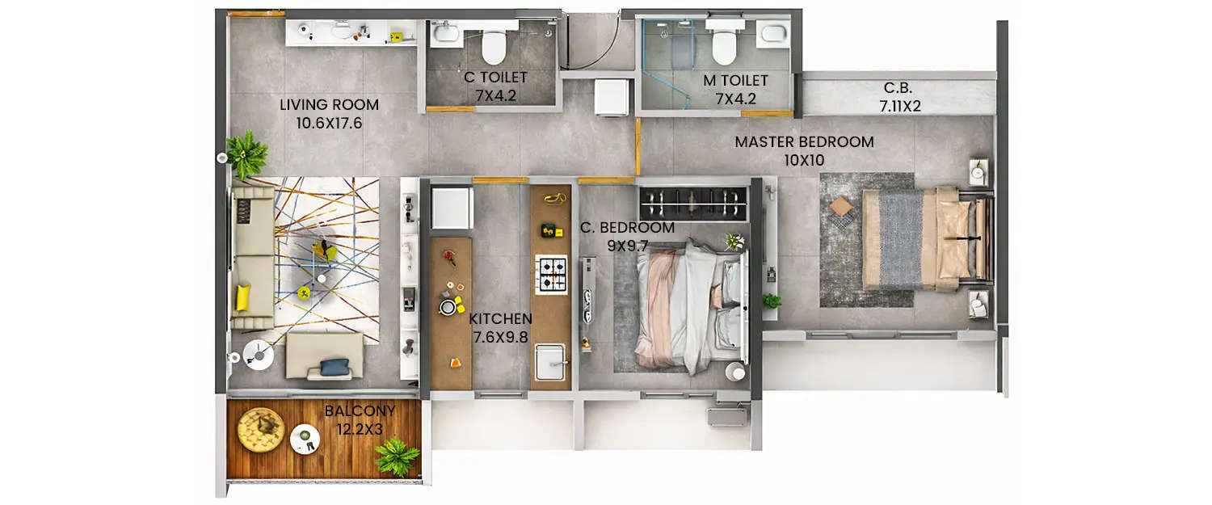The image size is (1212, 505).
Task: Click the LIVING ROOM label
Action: (x=329, y=104)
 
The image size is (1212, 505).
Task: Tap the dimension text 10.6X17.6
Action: (x=329, y=124)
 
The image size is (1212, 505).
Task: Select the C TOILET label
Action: (x=495, y=78)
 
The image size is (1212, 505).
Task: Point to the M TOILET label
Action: (x=735, y=81)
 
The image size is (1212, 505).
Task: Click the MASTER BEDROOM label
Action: (x=804, y=142)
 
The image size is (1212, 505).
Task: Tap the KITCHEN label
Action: (x=500, y=318)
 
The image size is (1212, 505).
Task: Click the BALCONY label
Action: (x=360, y=411)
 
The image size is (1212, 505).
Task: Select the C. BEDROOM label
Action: (x=627, y=227)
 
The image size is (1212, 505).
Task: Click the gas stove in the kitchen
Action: (x=552, y=272)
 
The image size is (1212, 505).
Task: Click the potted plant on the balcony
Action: (x=397, y=457)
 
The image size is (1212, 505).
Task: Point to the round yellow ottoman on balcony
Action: (x=261, y=429)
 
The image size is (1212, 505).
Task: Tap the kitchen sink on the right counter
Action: (x=553, y=361)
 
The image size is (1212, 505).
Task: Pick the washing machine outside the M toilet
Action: (x=612, y=96)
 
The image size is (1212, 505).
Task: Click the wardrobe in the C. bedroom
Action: (x=693, y=202)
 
